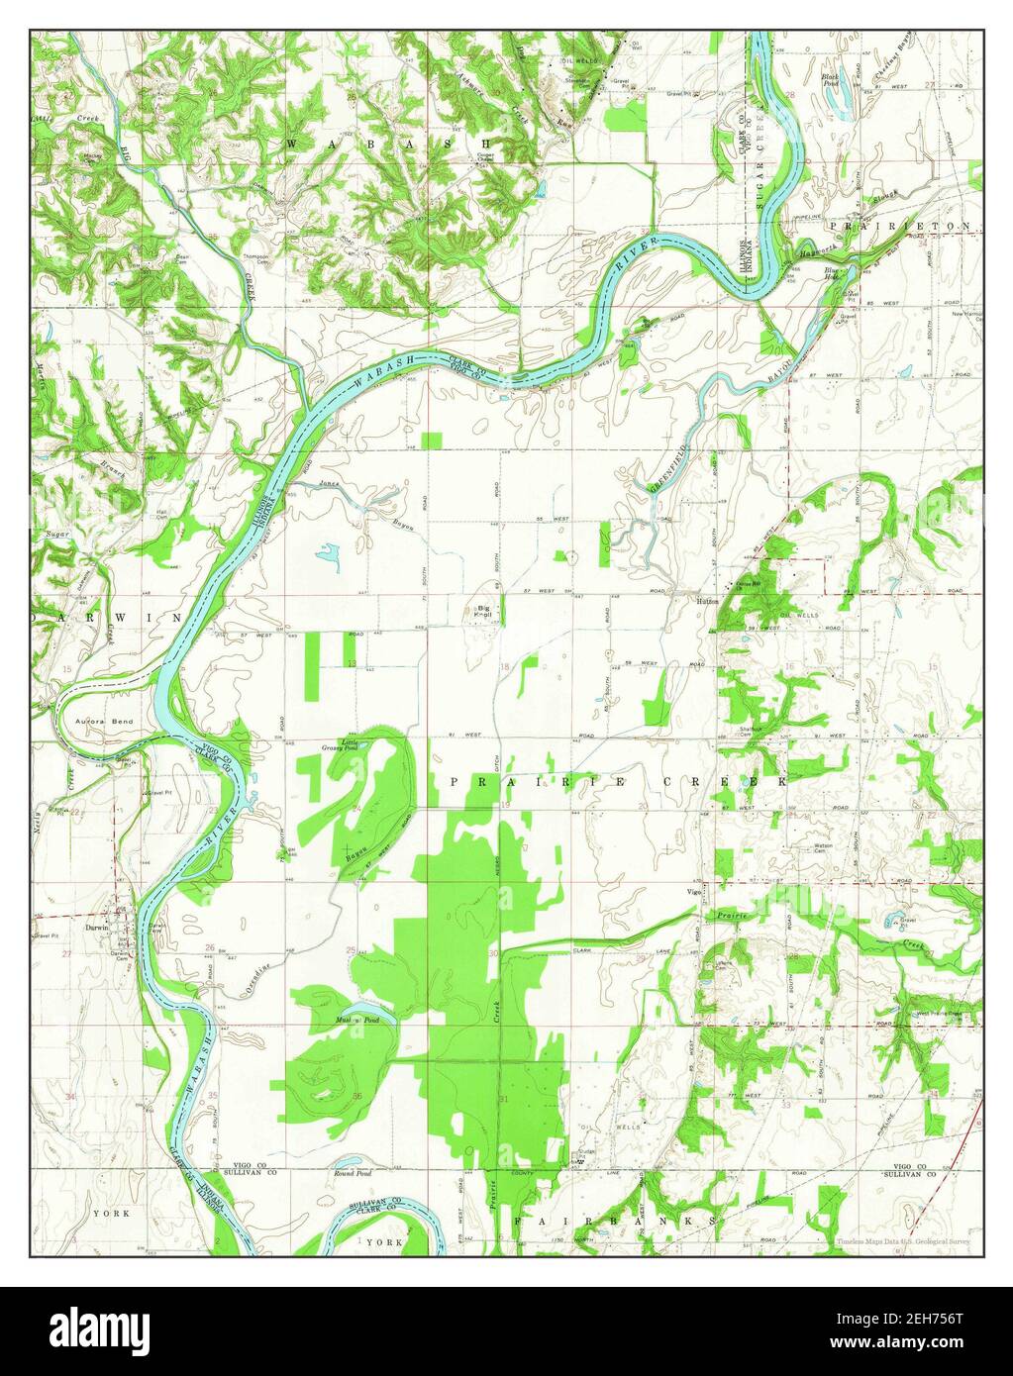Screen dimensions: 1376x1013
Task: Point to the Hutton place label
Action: pyautogui.click(x=706, y=600)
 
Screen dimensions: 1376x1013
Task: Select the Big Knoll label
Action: pyautogui.click(x=485, y=611)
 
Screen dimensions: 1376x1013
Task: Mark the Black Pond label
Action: pyautogui.click(x=831, y=79)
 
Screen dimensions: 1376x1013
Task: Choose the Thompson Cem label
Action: pyautogui.click(x=257, y=258)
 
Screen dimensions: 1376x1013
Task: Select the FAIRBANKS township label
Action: pyautogui.click(x=614, y=1223)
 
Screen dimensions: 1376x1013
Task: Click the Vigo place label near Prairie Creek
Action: pyautogui.click(x=694, y=893)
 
